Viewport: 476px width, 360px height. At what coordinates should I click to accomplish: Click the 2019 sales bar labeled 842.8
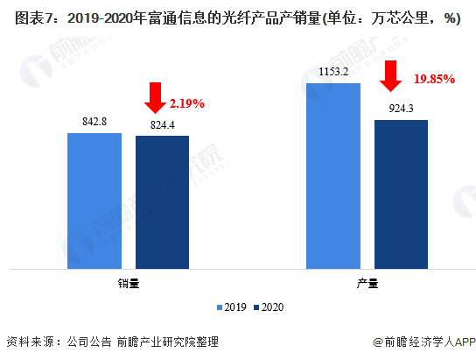(x=94, y=201)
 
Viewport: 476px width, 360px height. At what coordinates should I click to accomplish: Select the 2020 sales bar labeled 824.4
(x=162, y=202)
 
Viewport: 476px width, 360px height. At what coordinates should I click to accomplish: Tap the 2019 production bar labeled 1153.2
(x=333, y=176)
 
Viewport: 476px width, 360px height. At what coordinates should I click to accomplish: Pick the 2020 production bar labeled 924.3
(x=401, y=194)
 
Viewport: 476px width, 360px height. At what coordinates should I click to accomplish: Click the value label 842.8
(x=94, y=122)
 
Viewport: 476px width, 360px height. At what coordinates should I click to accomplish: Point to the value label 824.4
(x=163, y=125)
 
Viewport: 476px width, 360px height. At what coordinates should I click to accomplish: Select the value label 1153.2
(x=333, y=72)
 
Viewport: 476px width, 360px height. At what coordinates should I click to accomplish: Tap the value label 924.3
(x=401, y=109)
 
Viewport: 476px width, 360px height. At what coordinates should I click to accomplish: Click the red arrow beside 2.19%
(x=155, y=98)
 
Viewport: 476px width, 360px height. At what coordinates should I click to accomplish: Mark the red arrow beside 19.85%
(x=391, y=76)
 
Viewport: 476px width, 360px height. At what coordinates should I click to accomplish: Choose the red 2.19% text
(x=187, y=103)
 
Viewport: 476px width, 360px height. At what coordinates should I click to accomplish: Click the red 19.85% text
(x=434, y=79)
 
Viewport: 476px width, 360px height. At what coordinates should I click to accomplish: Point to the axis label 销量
(x=129, y=284)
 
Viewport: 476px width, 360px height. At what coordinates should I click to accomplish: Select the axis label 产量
(x=367, y=284)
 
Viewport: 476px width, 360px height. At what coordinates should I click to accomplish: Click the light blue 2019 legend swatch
(x=220, y=307)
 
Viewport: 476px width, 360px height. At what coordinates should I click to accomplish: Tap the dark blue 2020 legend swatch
(x=256, y=307)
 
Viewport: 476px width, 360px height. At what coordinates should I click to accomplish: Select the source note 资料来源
(x=31, y=342)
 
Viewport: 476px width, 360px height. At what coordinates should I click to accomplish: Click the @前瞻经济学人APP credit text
(x=424, y=342)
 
